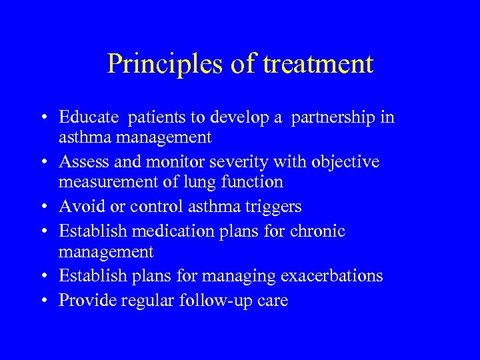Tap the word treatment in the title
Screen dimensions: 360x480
[x=318, y=64]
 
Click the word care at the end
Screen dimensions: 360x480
[x=273, y=301]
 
